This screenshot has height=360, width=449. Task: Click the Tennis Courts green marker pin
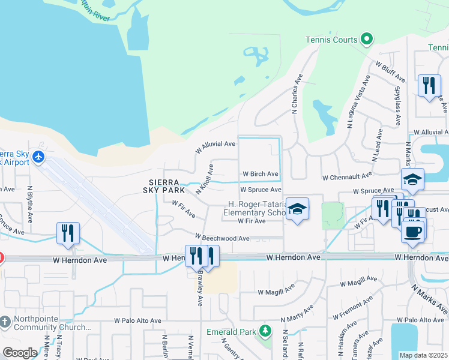367,40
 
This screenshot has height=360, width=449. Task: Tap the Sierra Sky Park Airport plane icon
39,157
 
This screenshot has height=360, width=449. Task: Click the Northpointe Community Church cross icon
5,322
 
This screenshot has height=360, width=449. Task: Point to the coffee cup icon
412,231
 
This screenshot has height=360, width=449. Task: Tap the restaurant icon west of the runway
67,232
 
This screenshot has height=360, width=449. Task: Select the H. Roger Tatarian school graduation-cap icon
297,208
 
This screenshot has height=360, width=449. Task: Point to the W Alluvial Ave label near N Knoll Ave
215,144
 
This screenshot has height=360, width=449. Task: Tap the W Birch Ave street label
261,174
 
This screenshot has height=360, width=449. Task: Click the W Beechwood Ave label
221,238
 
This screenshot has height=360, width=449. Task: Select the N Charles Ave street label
295,95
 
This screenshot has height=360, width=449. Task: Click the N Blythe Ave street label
30,204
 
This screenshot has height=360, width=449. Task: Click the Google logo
20,353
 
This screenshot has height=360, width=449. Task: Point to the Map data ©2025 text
424,355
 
